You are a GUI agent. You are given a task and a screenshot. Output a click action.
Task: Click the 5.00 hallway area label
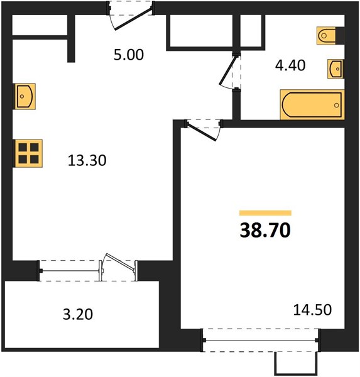point(129,55)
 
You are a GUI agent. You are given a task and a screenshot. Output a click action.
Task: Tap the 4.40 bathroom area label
point(290,65)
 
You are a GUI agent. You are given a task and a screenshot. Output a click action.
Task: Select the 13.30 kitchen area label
point(87,160)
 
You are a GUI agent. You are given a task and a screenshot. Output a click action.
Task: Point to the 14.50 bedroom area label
point(312,310)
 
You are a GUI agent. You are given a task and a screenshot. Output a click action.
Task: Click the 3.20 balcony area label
point(78,314)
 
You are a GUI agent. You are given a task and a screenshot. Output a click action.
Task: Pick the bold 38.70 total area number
point(265,230)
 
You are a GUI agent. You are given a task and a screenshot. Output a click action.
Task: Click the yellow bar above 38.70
point(265,213)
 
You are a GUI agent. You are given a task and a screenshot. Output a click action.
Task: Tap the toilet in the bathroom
point(327,36)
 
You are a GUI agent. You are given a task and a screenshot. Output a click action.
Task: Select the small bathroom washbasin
point(335,69)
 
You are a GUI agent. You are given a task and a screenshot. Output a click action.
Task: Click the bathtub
point(312,104)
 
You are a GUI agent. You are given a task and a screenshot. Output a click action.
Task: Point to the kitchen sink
point(24,96)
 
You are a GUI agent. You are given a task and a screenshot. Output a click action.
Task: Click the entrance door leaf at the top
point(134,19)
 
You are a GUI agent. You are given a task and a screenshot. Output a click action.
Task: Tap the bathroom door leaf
point(227,70)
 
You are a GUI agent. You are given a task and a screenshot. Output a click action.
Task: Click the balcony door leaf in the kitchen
point(120,263)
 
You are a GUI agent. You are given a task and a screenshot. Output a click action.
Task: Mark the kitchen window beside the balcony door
point(70,271)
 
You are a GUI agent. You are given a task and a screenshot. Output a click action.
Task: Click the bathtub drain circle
point(336,105)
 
